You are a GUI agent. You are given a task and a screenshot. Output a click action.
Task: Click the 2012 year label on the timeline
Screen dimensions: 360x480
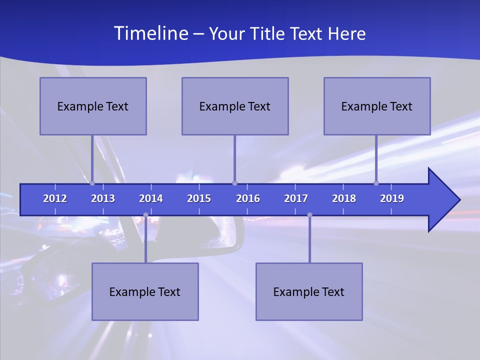tap(55, 198)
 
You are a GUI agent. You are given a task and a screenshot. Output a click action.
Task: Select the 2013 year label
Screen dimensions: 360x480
tap(103, 198)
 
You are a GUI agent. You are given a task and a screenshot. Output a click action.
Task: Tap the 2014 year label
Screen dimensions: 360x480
tap(151, 198)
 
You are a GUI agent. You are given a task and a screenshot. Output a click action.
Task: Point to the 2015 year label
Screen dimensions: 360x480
tap(199, 198)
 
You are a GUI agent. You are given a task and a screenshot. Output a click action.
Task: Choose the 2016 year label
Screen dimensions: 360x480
tap(248, 198)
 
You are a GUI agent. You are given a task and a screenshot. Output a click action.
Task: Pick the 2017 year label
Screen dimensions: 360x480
tap(296, 198)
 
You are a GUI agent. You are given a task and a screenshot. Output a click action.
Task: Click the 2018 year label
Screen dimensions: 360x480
tap(344, 198)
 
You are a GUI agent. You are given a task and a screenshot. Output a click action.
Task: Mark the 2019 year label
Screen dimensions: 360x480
tap(392, 198)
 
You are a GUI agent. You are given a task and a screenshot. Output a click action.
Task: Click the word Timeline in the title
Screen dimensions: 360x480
tap(150, 33)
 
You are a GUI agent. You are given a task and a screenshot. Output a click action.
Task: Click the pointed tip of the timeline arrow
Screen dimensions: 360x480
tap(458, 200)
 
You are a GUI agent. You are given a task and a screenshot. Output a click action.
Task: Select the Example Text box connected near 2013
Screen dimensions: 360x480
tap(93, 106)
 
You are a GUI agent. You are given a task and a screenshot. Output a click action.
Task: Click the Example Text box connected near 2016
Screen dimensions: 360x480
tap(235, 106)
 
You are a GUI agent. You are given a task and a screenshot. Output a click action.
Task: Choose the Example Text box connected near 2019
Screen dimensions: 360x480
tap(377, 106)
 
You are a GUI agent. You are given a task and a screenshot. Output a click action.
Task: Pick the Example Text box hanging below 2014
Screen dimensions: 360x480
tap(145, 291)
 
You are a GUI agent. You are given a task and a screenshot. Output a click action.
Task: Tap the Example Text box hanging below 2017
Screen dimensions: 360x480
tap(309, 291)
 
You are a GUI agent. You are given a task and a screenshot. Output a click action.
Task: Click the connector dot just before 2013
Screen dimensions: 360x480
tap(92, 183)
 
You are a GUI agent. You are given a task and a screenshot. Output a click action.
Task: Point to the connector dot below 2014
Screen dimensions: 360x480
tap(145, 215)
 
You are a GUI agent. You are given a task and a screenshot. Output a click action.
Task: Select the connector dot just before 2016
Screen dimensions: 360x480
tap(234, 183)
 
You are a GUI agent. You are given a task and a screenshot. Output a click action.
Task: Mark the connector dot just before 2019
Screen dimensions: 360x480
tap(376, 183)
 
